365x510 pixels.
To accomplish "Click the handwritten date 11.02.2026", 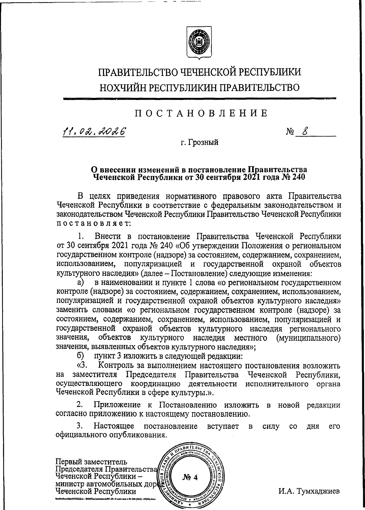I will point(94,132).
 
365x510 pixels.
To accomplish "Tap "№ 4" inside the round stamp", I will point(190,477).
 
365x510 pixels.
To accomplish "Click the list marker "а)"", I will point(81,283).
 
